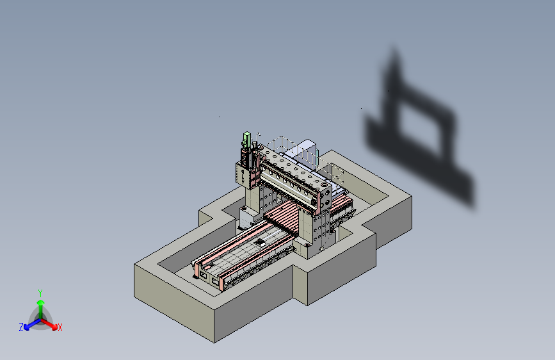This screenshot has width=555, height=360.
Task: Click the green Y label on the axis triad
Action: [40, 293]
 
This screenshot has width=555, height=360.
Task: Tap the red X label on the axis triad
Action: [60, 327]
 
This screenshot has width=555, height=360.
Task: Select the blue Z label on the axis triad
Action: [21, 327]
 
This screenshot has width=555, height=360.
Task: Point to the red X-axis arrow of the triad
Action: [49, 324]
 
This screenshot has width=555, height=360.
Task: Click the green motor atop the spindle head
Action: [246, 139]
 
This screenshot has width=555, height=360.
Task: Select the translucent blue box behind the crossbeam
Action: [305, 152]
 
